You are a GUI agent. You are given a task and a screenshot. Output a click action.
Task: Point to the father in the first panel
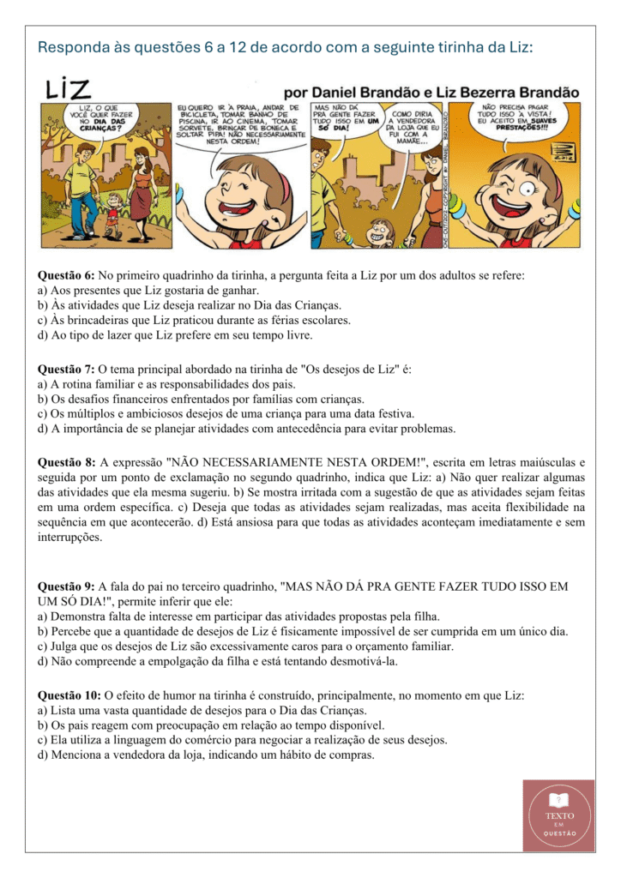pyautogui.click(x=80, y=193)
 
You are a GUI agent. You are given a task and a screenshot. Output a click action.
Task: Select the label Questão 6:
pyautogui.click(x=66, y=275)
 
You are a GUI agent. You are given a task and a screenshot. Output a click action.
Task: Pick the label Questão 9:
pyautogui.click(x=66, y=586)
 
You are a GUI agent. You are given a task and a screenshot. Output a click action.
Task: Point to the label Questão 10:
pyautogui.click(x=69, y=695)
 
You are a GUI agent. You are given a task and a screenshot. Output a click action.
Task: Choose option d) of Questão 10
pyautogui.click(x=206, y=755)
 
